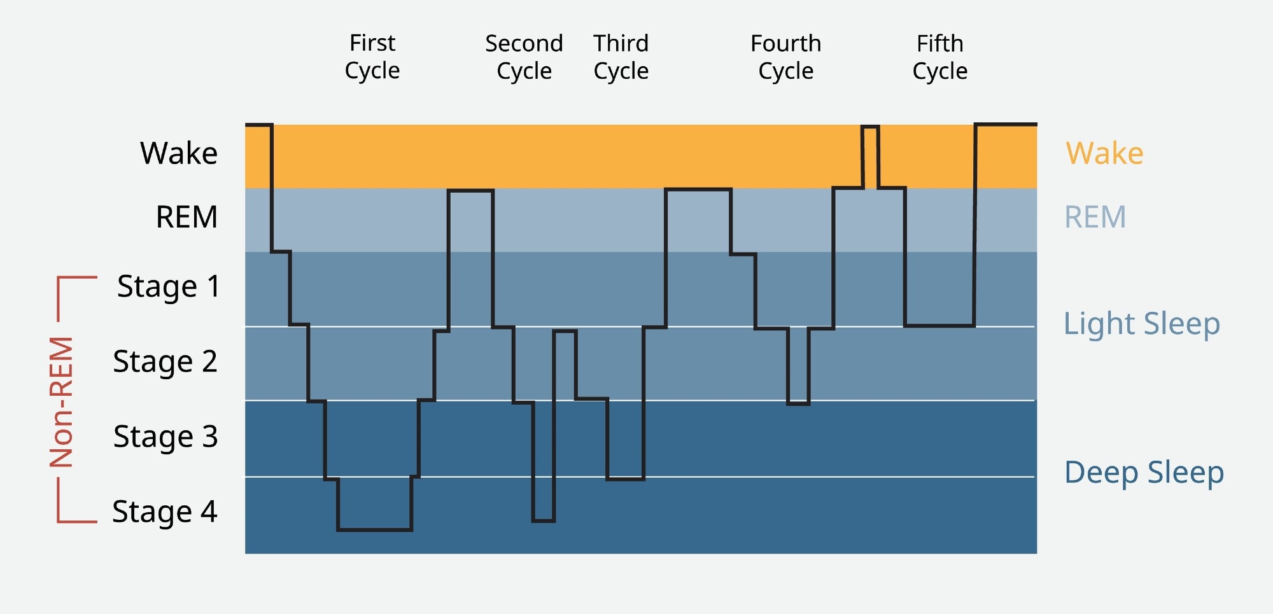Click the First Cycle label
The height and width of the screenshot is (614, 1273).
[x=372, y=57]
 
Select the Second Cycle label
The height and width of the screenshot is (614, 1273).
[x=524, y=57]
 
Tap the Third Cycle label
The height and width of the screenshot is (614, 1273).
[x=621, y=57]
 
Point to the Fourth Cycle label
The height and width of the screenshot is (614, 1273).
[x=785, y=57]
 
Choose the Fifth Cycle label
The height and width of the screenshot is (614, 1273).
[x=939, y=57]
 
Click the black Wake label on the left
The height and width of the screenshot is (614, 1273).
[x=179, y=153]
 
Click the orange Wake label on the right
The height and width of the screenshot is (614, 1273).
[x=1104, y=153]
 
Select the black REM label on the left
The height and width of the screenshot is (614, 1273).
[x=186, y=217]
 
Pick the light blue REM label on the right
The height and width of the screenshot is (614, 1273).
[x=1095, y=217]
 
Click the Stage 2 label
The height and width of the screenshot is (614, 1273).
[x=165, y=361]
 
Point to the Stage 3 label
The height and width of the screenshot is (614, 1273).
[x=165, y=436]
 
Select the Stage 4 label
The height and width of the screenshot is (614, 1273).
[x=165, y=512]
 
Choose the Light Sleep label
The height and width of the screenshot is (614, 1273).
[x=1142, y=324]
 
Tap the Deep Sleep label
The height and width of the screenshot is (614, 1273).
[x=1144, y=472]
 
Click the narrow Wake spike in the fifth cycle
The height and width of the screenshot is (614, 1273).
[x=870, y=156]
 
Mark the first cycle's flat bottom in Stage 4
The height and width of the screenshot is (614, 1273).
[x=374, y=529]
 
